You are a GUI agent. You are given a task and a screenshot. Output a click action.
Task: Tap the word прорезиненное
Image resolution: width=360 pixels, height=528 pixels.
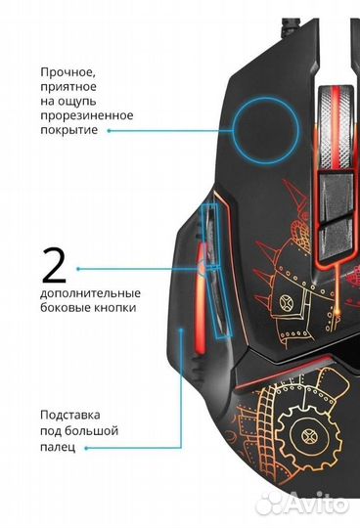pyautogui.click(x=86, y=115)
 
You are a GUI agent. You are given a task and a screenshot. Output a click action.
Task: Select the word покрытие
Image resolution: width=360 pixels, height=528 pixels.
pyautogui.click(x=69, y=130)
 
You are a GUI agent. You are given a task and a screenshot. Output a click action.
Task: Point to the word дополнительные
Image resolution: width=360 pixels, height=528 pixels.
pyautogui.click(x=90, y=293)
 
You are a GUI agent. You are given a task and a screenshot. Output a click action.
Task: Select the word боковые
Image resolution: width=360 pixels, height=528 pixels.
pyautogui.click(x=64, y=308)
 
